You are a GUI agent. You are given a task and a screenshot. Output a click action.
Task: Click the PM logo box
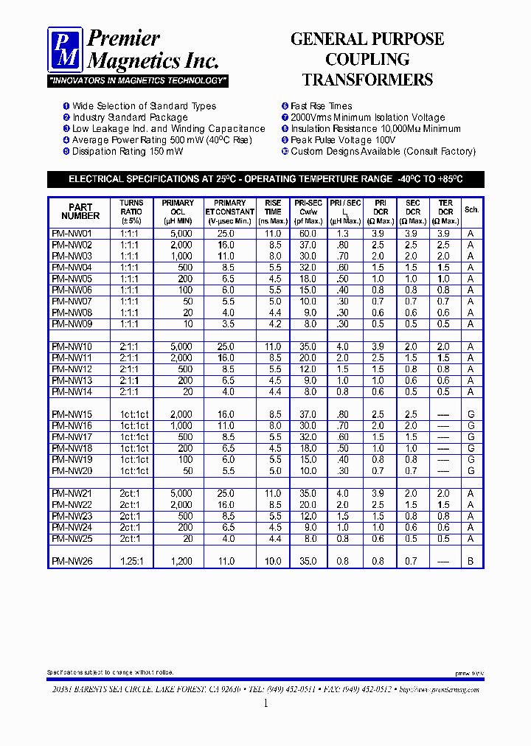point(65,49)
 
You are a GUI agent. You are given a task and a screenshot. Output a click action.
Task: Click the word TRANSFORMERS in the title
point(367,80)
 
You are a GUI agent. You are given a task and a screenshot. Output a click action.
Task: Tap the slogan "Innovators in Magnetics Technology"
point(138,80)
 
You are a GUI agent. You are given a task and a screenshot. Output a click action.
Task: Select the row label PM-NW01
point(72,234)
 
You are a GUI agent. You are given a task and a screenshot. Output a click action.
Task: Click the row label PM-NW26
point(72,562)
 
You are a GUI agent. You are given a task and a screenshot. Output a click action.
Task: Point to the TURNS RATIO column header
point(131,212)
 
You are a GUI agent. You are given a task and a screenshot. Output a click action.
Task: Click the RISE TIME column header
point(273,212)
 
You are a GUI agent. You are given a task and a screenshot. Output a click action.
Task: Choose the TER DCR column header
point(445,212)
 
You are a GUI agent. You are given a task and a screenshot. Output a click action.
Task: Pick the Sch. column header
point(471,210)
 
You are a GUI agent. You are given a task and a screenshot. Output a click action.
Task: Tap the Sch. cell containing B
point(471,562)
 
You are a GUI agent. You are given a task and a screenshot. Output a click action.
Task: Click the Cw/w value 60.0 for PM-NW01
point(308,234)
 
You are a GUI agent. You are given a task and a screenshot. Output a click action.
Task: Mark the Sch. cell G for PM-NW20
point(471,471)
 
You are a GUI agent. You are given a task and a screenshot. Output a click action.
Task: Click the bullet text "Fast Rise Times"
point(321,106)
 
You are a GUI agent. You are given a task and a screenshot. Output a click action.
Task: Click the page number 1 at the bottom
point(265,703)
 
